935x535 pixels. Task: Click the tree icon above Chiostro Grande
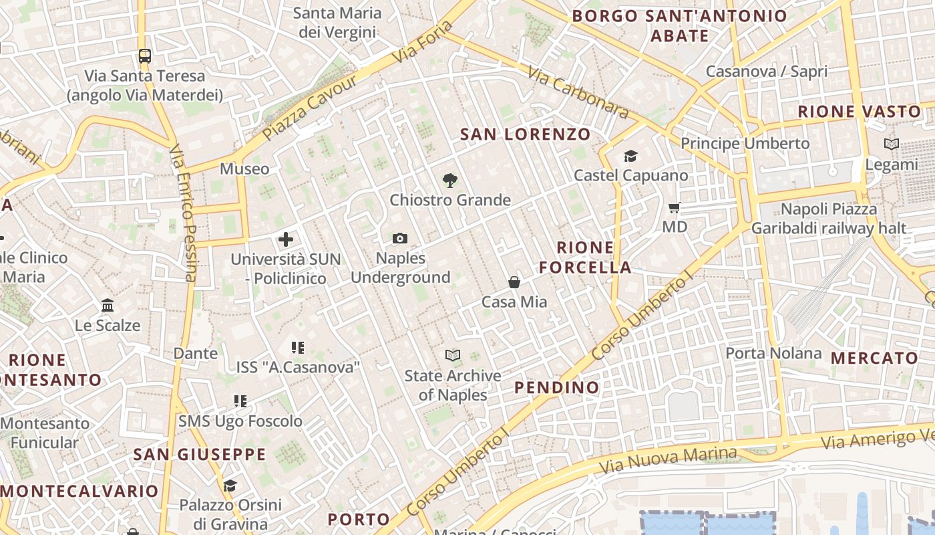tap(450, 180)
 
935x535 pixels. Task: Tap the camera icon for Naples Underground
tap(400, 239)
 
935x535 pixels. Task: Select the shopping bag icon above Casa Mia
tap(514, 282)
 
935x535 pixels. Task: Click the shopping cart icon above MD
tap(675, 208)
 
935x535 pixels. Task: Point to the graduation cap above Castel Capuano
tap(630, 156)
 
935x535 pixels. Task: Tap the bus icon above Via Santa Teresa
tap(145, 56)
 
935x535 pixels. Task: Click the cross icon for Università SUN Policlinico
tap(286, 239)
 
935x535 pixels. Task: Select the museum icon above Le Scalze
tap(108, 306)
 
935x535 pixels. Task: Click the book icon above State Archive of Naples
tap(453, 356)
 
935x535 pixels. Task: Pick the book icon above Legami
tap(891, 144)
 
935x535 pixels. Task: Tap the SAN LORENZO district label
tap(526, 134)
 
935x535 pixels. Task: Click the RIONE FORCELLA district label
tap(585, 257)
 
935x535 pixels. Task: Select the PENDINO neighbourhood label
tap(557, 387)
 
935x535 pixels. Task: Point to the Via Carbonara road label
tap(578, 92)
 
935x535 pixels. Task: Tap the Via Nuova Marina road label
tap(668, 459)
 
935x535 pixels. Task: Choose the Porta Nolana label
tap(773, 353)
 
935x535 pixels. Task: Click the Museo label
tap(244, 169)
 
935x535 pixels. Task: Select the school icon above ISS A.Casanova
tap(298, 348)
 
